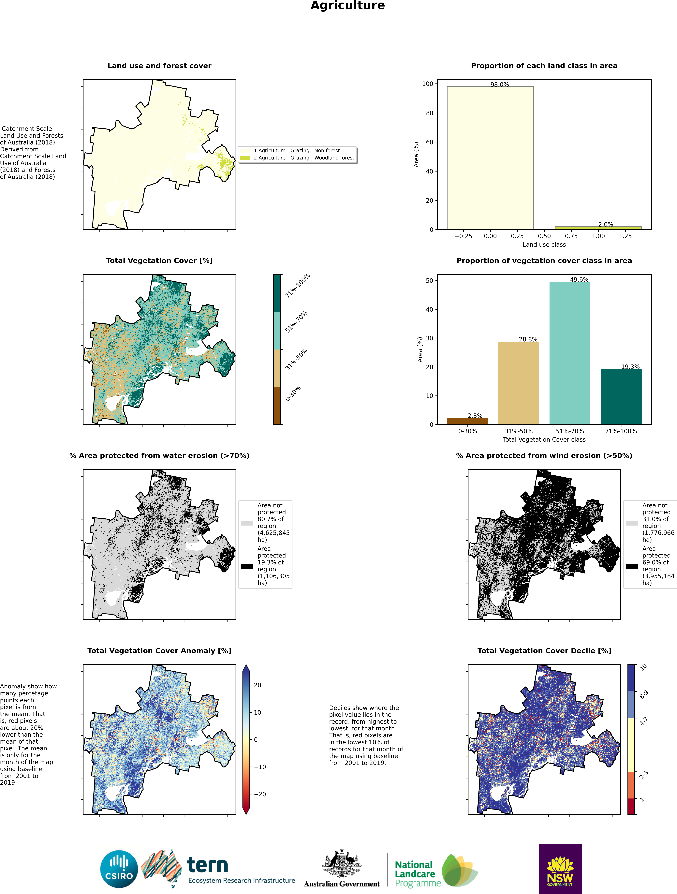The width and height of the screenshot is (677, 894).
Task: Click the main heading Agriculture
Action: coord(348,6)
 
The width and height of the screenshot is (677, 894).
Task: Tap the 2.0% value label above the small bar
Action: coord(605,224)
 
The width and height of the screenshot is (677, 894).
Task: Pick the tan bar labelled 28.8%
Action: coord(519,383)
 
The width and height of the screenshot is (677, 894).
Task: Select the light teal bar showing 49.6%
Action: coord(570,353)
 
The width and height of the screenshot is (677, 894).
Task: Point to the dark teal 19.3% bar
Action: coord(621,396)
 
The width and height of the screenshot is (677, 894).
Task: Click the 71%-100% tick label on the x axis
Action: coord(621,431)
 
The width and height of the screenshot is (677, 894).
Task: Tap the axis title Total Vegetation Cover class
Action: coord(544,439)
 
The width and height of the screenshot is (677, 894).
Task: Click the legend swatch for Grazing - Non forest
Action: coord(245,150)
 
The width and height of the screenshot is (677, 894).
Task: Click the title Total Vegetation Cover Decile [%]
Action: coord(544,651)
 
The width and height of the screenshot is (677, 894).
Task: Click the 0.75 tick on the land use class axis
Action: coord(571,236)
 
